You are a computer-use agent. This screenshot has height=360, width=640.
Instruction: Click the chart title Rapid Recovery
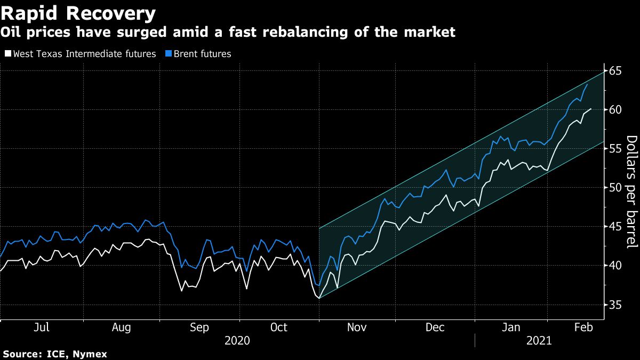[x=78, y=13]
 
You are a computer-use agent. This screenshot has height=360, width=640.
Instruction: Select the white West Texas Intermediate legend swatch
[x=7, y=54]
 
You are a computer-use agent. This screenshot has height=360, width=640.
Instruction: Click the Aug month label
[x=122, y=327]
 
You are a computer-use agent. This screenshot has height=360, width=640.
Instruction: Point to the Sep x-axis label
[x=199, y=327]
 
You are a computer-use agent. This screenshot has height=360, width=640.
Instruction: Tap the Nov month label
[x=356, y=327]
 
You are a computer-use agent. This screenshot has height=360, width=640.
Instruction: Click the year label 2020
[x=238, y=340]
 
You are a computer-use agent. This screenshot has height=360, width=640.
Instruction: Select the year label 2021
[x=539, y=340]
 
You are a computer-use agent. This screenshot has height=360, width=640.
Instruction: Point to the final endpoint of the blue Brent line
[x=587, y=84]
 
